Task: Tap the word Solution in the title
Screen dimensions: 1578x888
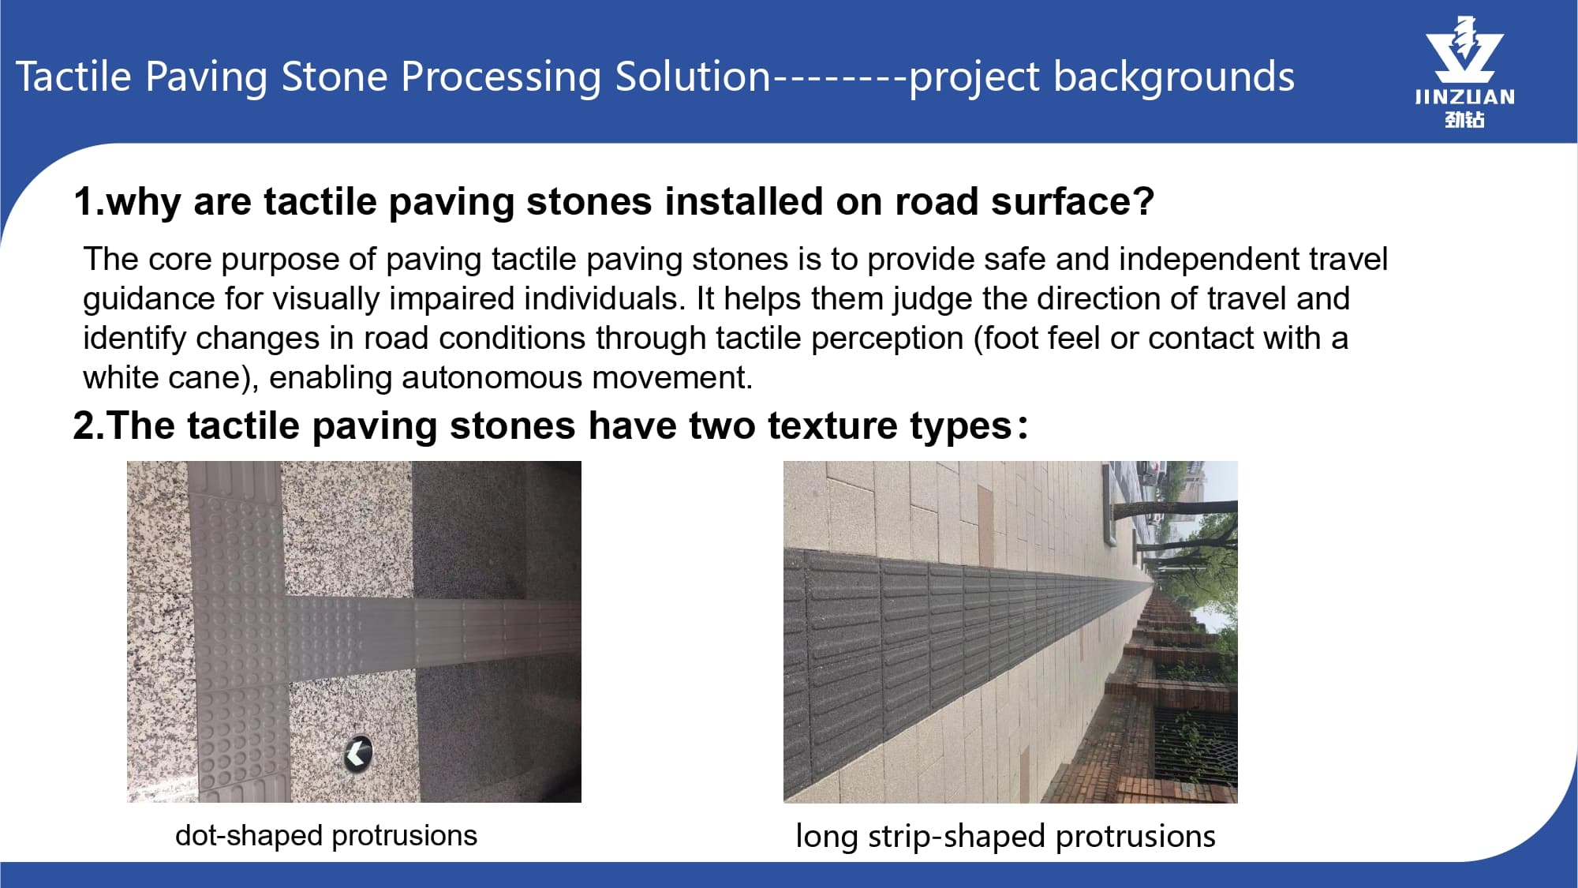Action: (693, 77)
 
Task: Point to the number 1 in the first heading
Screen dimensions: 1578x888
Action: (84, 201)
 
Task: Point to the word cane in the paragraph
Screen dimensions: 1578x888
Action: (206, 378)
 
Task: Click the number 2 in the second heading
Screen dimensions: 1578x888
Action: (84, 425)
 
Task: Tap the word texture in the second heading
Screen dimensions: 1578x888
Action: (832, 425)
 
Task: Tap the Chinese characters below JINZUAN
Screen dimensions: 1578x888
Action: (1464, 119)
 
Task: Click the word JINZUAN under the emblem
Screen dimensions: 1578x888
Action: (1464, 97)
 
